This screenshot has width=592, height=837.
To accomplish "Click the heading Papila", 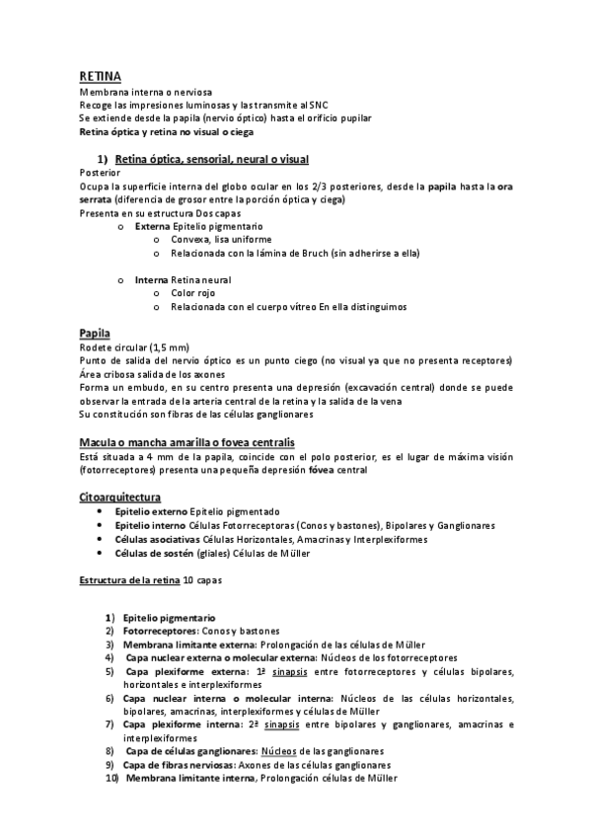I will pos(94,333).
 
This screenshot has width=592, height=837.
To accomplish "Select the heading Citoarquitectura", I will pos(119,496).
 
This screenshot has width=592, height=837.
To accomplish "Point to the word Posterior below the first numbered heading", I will pos(100,173).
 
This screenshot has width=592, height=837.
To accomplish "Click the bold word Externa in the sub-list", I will pos(152,226).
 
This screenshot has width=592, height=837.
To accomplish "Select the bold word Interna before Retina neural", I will pos(152,280).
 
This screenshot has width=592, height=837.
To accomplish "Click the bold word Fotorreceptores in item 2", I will pos(156,630).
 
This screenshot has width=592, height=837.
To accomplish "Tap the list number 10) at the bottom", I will pos(111,778).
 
